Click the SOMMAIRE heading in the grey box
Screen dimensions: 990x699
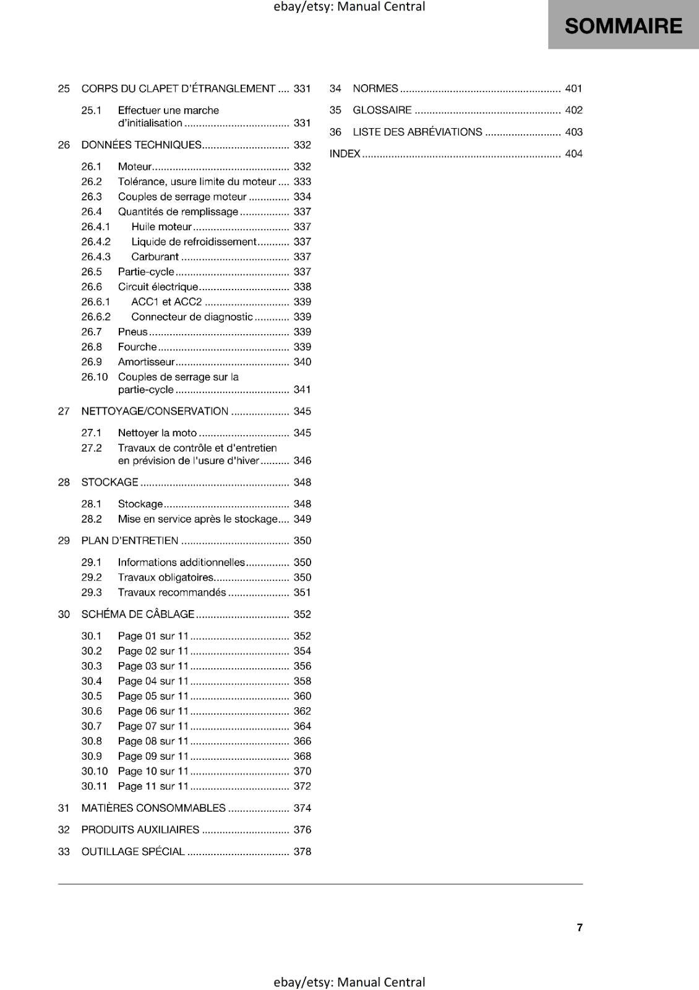pos(623,26)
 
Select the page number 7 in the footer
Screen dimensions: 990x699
pos(580,928)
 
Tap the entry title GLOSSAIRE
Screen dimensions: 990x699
pos(382,110)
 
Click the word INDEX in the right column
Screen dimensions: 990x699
pos(345,153)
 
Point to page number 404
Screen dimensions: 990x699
pos(573,153)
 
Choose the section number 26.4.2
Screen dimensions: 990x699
pos(96,242)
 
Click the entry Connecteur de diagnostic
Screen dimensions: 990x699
pos(192,317)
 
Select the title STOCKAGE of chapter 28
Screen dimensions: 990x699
pos(109,482)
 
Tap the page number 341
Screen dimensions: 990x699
pos(302,390)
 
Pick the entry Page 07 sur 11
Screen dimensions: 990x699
pos(153,726)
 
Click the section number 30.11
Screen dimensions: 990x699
pos(94,786)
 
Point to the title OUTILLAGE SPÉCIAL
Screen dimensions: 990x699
pos(133,852)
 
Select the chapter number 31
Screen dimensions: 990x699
pos(64,808)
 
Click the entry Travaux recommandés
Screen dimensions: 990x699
pos(171,593)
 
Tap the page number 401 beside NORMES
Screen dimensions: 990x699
pos(573,88)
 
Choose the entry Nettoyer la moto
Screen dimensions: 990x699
pos(157,433)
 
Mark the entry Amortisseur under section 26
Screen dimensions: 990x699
pos(146,362)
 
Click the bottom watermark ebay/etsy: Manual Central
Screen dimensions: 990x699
pos(349,982)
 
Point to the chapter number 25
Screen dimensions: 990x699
pos(64,88)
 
